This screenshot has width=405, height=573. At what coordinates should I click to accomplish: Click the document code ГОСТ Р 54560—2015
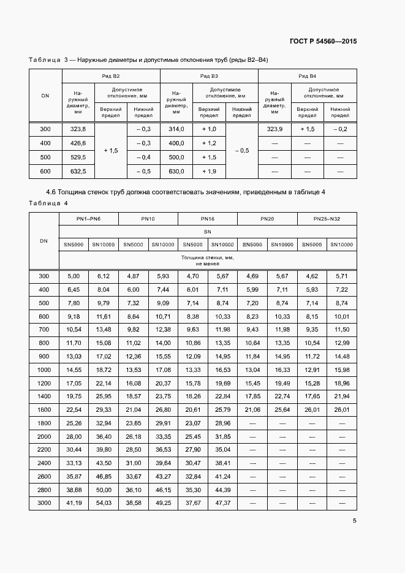(323, 42)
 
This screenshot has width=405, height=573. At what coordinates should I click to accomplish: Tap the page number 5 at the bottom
(355, 521)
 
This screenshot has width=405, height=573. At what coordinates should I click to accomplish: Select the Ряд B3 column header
(209, 76)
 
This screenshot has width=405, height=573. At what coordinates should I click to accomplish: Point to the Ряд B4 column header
(307, 76)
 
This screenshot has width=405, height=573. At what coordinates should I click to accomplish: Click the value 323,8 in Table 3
(78, 129)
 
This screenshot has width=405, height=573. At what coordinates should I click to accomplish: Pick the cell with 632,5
(78, 171)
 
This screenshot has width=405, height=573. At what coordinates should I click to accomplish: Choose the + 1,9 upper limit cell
(209, 171)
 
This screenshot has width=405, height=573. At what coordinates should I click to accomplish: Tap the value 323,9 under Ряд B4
(274, 129)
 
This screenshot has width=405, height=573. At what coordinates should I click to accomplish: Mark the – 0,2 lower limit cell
(340, 129)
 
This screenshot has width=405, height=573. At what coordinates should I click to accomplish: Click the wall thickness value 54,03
(104, 503)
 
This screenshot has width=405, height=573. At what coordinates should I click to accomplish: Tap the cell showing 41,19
(74, 503)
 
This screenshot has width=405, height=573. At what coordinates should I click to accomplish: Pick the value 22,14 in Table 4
(104, 382)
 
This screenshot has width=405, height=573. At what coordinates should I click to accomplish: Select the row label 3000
(44, 503)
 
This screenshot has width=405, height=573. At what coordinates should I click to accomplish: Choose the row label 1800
(44, 423)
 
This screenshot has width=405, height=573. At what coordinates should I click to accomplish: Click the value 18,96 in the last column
(342, 382)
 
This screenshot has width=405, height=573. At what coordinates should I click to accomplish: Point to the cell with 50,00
(104, 490)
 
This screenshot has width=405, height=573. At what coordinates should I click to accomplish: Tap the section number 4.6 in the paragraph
(51, 192)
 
